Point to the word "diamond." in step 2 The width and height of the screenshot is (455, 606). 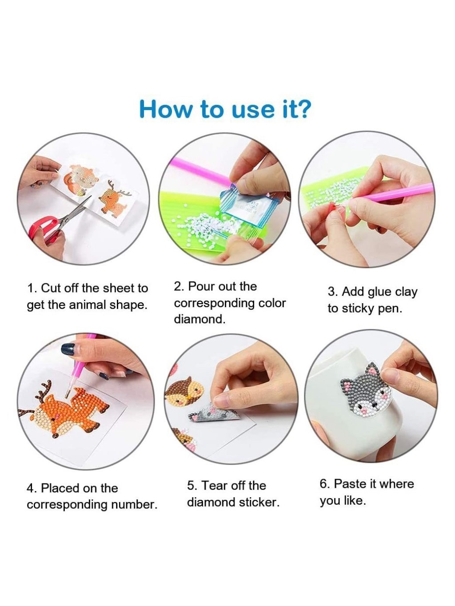[x=200, y=320]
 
